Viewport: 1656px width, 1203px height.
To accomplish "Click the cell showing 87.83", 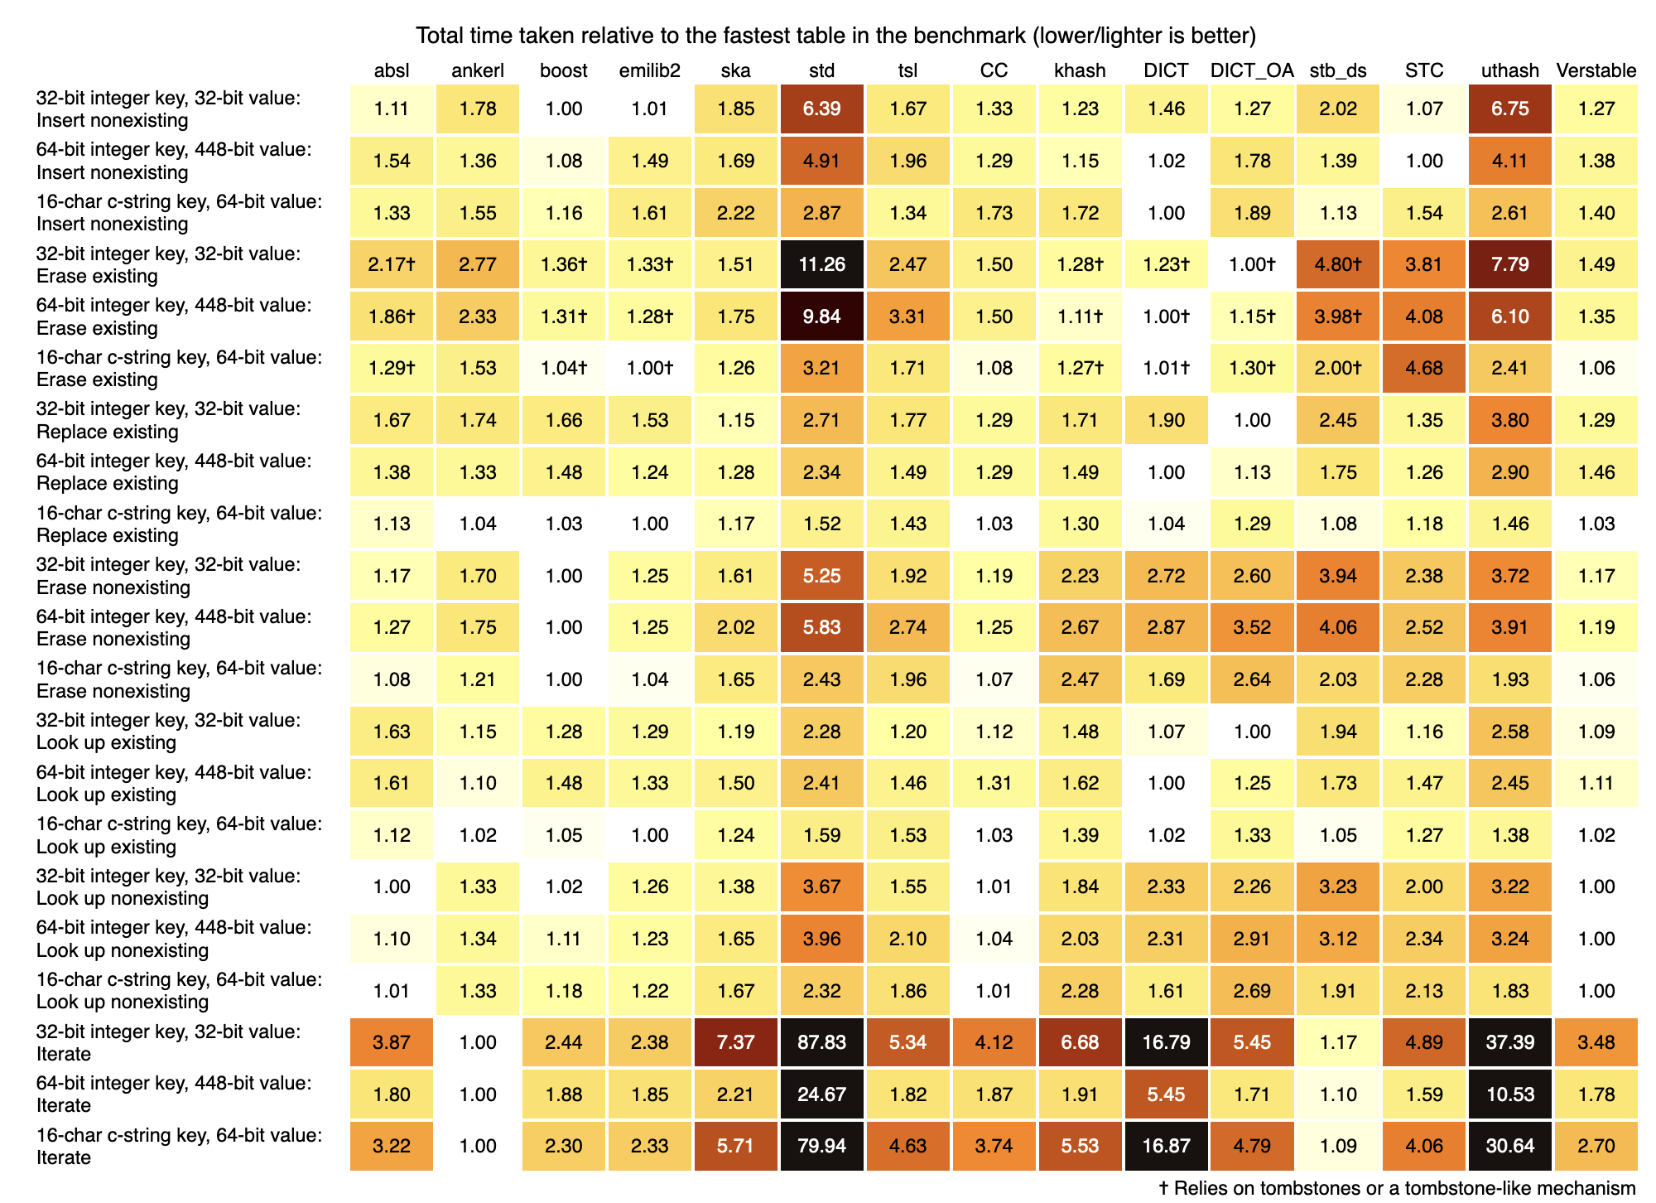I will (x=821, y=1042).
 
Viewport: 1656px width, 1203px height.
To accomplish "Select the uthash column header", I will (x=1509, y=70).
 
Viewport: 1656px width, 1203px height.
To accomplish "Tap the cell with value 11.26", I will (x=821, y=264).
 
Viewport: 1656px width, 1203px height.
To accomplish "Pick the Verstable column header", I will (x=1596, y=70).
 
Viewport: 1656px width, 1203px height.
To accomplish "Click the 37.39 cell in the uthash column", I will (x=1509, y=1042).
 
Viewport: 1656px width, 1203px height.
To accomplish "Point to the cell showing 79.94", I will (x=821, y=1146).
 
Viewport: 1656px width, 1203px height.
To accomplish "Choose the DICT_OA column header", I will (x=1251, y=70).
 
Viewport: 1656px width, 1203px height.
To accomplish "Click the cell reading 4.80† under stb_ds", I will (x=1338, y=264).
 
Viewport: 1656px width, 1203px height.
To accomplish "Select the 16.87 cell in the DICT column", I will (x=1166, y=1146).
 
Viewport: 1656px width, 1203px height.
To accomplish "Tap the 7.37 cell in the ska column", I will (x=735, y=1042).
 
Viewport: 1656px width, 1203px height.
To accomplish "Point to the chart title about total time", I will (x=835, y=36).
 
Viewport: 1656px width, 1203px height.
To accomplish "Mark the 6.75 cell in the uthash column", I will (x=1509, y=109).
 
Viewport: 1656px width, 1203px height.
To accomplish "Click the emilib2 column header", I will (x=649, y=70).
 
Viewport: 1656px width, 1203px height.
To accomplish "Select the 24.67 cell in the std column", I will (x=821, y=1094).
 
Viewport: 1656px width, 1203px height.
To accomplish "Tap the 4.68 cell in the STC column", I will (x=1424, y=368).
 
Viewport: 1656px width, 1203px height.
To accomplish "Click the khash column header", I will (x=1080, y=70).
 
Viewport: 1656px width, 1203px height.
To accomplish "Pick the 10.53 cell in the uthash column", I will (x=1509, y=1094).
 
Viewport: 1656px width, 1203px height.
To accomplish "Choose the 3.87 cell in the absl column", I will (x=392, y=1042).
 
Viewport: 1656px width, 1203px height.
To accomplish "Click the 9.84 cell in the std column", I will (x=821, y=316).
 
